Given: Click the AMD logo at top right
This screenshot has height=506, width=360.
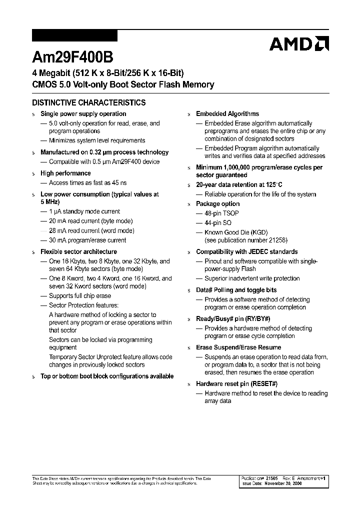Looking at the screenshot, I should pos(298,44).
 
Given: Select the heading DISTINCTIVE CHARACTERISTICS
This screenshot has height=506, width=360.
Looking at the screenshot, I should pos(88,102).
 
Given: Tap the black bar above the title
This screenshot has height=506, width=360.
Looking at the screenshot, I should pos(74,35).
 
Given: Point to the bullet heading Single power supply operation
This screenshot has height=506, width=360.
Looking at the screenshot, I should pos(83,114).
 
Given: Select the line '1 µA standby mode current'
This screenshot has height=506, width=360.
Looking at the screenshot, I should pos(84,211).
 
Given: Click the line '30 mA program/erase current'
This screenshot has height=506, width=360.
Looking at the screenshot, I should pos(87,240).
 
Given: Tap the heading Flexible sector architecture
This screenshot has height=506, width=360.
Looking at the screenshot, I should pos(78,251).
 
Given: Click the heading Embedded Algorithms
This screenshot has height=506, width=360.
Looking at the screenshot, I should pos(227,114).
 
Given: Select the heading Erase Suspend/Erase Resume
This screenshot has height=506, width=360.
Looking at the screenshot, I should pos(238,347).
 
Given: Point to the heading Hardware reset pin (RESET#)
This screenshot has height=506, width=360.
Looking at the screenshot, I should pos(236,383).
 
